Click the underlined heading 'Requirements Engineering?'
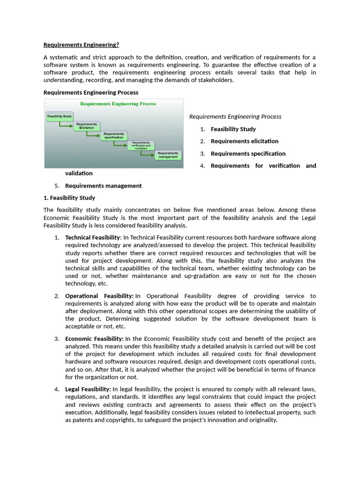coord(81,45)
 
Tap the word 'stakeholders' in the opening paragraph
coord(214,80)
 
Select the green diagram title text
coord(118,104)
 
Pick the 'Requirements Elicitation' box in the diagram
coord(86,126)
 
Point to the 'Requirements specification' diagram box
coord(114,135)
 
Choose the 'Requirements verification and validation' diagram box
coord(141,145)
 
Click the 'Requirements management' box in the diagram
coord(168,155)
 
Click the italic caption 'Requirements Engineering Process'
coord(235,117)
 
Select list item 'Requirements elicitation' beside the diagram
coord(244,141)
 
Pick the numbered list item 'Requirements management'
coord(103,186)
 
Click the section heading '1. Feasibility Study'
coord(69,198)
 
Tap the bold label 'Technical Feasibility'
coord(92,238)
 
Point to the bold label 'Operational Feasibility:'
coord(99,296)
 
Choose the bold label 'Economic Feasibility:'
coord(94,339)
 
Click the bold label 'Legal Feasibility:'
coord(88,390)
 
